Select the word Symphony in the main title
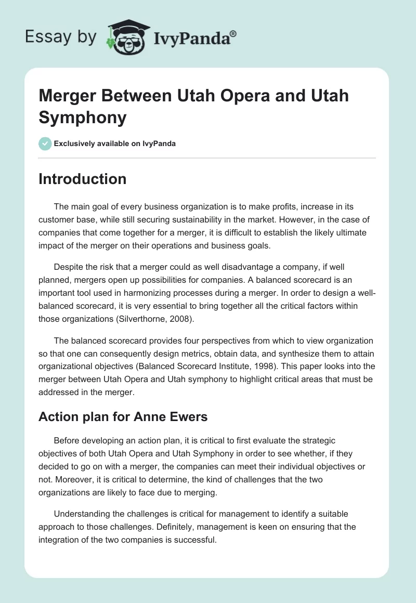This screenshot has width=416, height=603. pos(83,117)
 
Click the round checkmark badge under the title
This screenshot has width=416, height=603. pos(45,143)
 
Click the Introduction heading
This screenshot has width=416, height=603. pos(82,179)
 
